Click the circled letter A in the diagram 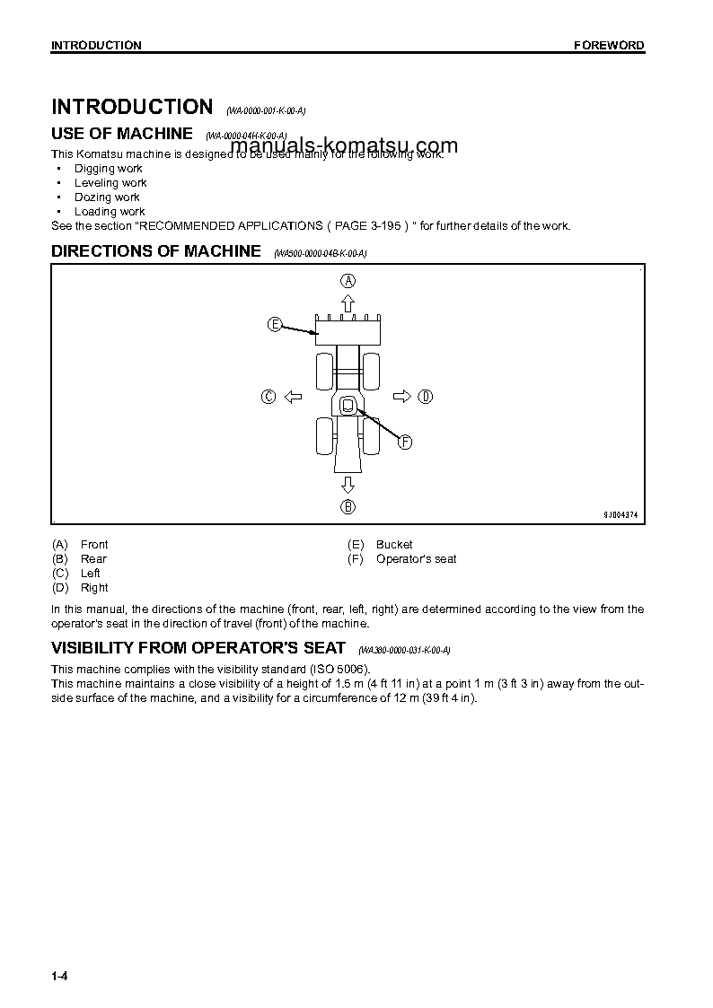coord(348,280)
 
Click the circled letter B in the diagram coord(348,507)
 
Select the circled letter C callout coord(268,397)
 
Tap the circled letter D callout coord(426,397)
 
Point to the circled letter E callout coord(275,324)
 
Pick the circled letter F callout coord(405,442)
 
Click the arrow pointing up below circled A coord(348,302)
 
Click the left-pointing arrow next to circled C coord(292,397)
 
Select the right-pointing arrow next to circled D coord(402,397)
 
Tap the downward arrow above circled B coord(348,485)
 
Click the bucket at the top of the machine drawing coord(348,333)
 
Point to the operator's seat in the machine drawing coord(348,406)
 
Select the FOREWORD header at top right coord(609,46)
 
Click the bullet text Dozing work coord(107,197)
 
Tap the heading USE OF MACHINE coord(121,134)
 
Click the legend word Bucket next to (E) coord(394,545)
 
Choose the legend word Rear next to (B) coord(93,559)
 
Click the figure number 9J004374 coord(621,514)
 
